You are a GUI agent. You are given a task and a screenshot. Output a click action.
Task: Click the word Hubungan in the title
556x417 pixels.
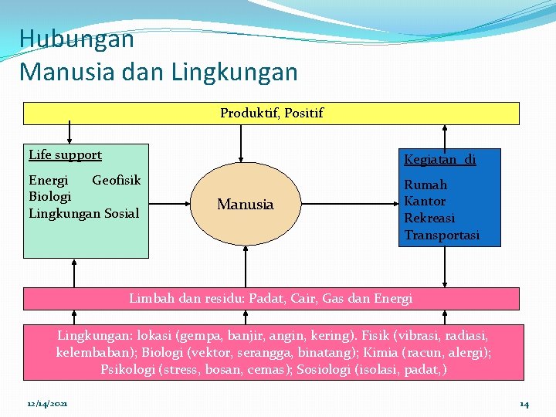point(76,39)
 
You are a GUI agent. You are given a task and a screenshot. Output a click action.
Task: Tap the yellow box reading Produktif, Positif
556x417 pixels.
point(271,114)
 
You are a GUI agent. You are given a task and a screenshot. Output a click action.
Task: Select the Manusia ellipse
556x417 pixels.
point(245,205)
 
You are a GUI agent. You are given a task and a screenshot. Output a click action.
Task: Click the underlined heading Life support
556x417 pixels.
point(65,154)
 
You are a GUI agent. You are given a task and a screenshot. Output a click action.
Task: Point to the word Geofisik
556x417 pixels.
point(117,180)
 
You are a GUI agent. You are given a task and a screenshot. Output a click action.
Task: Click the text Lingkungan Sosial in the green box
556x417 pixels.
point(83,212)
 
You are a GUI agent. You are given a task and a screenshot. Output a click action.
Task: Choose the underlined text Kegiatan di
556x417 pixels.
point(439,160)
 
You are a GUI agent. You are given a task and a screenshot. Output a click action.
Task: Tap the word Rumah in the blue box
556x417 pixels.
point(425,185)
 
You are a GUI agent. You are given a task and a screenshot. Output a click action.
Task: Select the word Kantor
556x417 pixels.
point(425,201)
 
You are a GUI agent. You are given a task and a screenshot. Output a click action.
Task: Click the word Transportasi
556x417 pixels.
point(442,235)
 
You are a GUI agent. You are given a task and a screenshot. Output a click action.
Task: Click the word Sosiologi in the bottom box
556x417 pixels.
point(335,369)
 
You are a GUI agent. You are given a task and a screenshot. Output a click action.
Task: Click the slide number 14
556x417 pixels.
point(524,404)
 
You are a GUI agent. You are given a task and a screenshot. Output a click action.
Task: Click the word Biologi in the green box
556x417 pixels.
point(49,196)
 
